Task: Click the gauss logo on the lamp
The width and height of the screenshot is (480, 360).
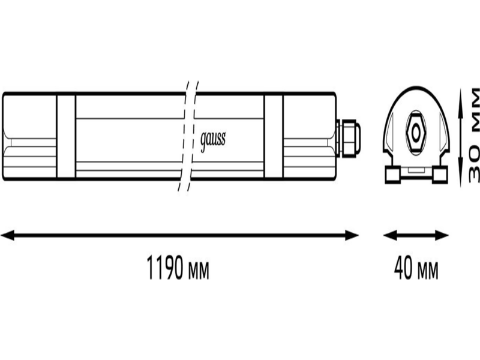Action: click(213, 141)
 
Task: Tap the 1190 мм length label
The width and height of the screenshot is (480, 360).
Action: click(178, 268)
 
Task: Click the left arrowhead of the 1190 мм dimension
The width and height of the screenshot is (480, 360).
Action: click(7, 235)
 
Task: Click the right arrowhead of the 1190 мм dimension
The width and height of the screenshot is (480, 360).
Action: click(352, 235)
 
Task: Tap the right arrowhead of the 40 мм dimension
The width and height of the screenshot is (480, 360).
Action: click(442, 235)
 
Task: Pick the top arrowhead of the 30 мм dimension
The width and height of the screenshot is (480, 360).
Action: click(461, 95)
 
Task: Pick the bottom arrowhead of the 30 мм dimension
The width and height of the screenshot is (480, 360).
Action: click(461, 179)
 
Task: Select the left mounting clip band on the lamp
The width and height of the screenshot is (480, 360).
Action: click(66, 136)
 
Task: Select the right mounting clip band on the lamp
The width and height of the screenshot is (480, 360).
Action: click(274, 136)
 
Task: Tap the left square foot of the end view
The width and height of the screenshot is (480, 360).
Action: click(393, 175)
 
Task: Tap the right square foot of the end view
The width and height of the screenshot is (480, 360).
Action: click(440, 175)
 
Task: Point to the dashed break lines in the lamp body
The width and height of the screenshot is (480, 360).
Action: click(188, 136)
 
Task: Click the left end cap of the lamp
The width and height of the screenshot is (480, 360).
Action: click(29, 136)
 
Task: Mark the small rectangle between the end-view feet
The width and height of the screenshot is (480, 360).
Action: click(416, 169)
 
